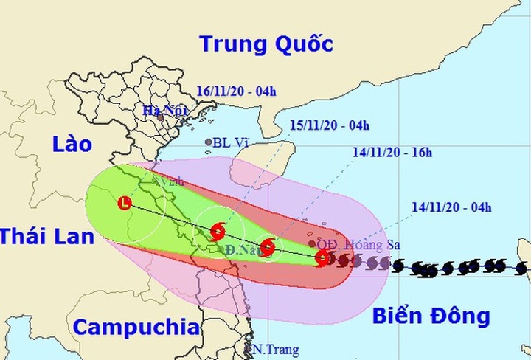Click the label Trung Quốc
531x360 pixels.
point(266,43)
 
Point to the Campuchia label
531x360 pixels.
point(137,326)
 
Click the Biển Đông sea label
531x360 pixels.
point(431,316)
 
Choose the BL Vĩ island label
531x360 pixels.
point(229,142)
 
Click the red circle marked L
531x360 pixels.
point(125,203)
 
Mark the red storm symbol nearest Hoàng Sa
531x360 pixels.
point(322,257)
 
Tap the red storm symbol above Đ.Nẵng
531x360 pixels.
point(218,232)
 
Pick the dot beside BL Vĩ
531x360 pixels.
point(208,142)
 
